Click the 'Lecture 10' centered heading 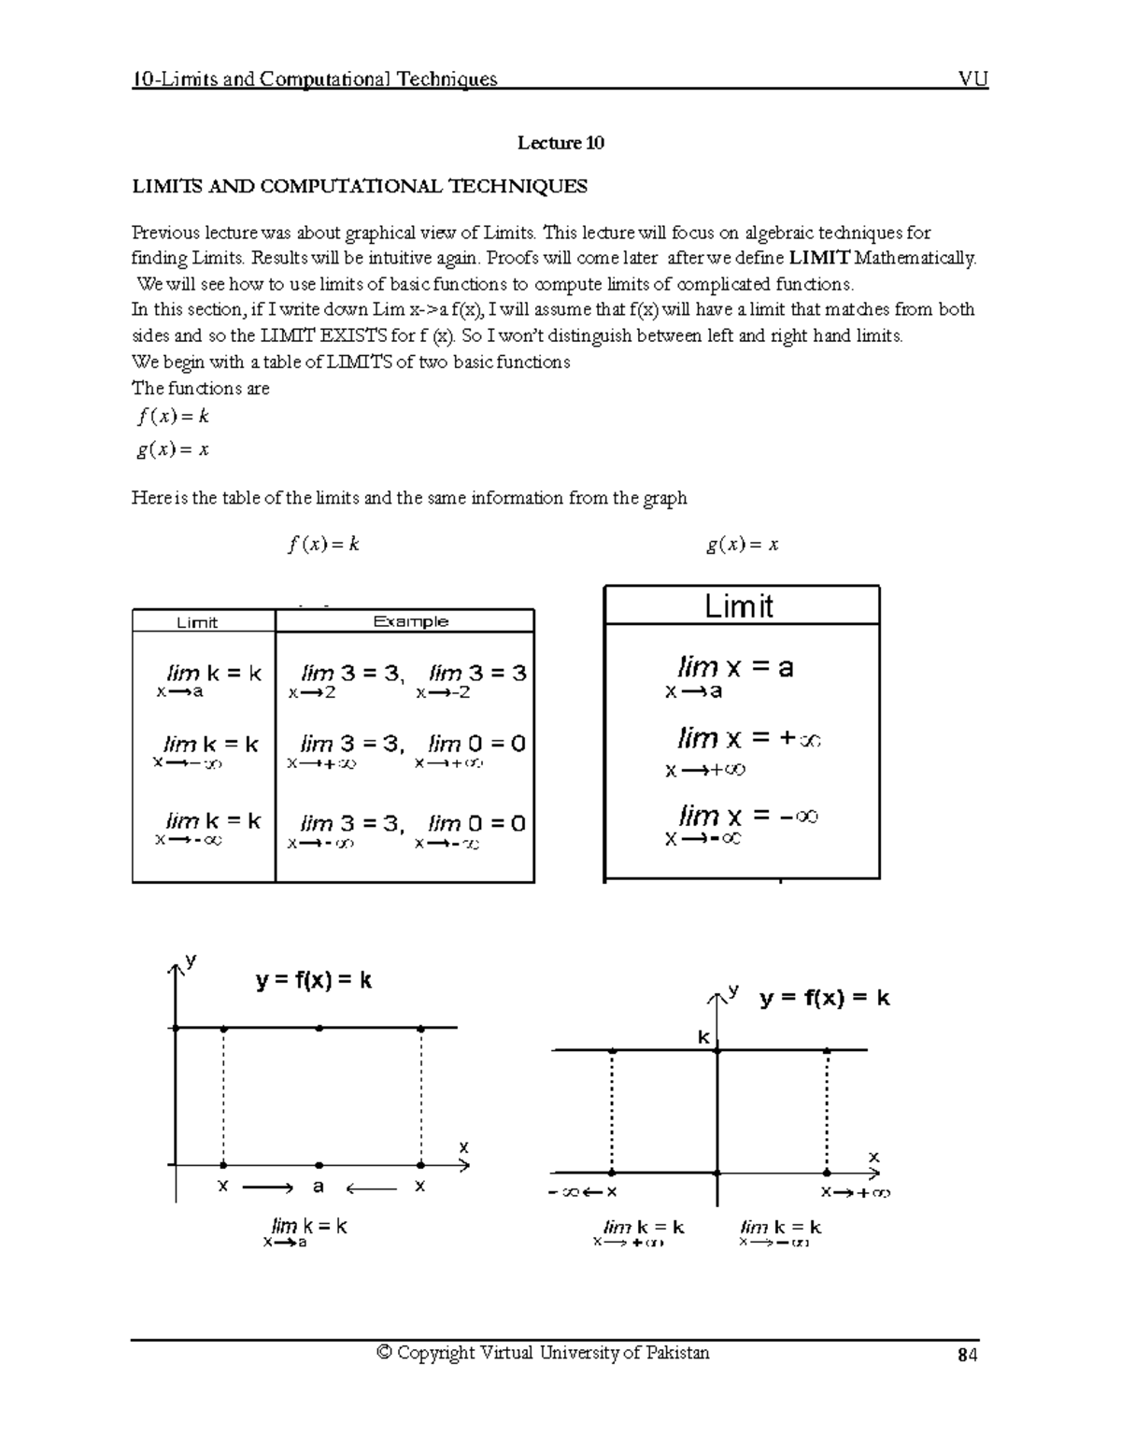(x=560, y=143)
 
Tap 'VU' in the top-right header (x=973, y=78)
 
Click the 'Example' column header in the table (x=410, y=621)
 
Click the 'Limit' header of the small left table (x=197, y=622)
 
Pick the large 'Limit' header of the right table (x=739, y=606)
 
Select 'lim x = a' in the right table (x=734, y=668)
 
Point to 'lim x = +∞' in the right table (x=748, y=739)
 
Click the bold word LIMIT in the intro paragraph (x=820, y=258)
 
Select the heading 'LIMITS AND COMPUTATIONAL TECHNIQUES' (x=360, y=186)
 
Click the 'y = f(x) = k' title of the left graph (x=314, y=980)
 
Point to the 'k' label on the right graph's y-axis (x=704, y=1038)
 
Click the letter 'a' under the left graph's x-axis (x=319, y=1187)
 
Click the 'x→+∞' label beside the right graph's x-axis (x=855, y=1193)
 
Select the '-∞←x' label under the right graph (x=583, y=1192)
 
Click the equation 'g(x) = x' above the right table (x=742, y=545)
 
